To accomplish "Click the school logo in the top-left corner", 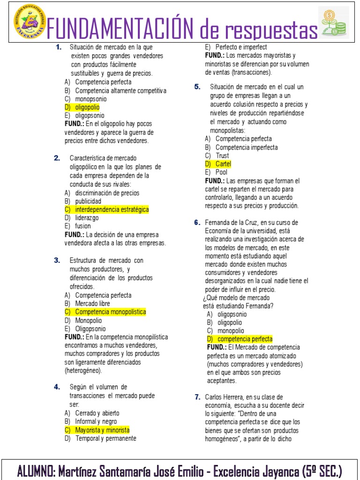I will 29,23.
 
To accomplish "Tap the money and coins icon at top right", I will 333,22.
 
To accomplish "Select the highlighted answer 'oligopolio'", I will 87,107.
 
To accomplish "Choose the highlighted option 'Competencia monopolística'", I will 110,312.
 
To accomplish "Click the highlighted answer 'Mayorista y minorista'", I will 102,430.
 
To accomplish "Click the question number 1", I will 59,47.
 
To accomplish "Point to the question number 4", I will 57,387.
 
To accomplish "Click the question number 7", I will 198,397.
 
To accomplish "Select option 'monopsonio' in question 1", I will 90,99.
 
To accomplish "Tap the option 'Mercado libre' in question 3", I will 92,303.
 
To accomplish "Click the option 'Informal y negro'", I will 96,421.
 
